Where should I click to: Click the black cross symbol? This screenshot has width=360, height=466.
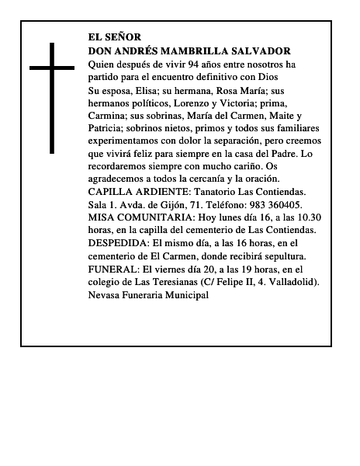52,97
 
